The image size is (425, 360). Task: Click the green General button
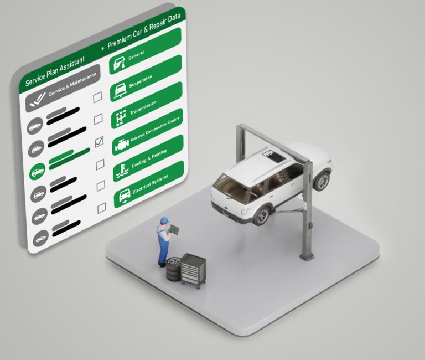(x=146, y=51)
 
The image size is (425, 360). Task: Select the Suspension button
(x=146, y=78)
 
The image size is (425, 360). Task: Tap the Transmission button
(x=147, y=105)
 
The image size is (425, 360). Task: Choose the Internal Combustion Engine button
(x=148, y=132)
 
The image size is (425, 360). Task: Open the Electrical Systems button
(x=149, y=184)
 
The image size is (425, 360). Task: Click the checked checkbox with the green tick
(x=99, y=142)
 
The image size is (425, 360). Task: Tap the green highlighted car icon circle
(x=38, y=172)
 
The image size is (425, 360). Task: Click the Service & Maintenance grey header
(x=63, y=88)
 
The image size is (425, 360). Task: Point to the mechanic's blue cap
(x=164, y=220)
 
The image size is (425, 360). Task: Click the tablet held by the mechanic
(x=174, y=229)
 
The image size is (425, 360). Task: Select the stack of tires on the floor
(x=174, y=269)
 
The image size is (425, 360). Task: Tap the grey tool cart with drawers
(x=194, y=270)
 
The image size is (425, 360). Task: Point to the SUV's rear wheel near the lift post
(x=262, y=215)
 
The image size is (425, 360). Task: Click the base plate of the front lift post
(x=307, y=256)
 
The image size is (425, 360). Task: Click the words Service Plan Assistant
(x=55, y=70)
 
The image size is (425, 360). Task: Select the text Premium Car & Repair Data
(x=144, y=31)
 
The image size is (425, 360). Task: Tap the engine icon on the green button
(x=122, y=145)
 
